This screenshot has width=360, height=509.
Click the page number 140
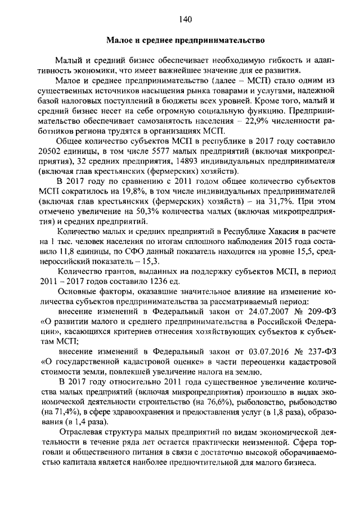coord(186,20)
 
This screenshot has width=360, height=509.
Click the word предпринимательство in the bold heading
coord(224,40)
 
